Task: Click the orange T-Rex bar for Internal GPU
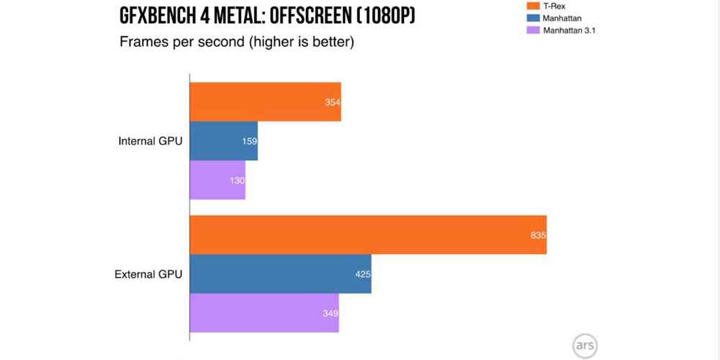265,102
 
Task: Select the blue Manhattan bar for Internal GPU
223,141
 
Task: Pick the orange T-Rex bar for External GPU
368,235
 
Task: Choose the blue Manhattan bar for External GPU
280,274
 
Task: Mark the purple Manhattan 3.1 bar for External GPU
264,312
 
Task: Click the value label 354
332,103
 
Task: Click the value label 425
362,274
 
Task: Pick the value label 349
330,313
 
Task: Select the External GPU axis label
149,274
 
